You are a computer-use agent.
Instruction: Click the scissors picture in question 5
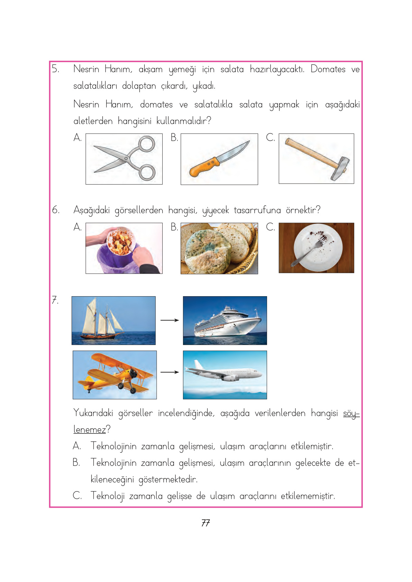tap(124, 159)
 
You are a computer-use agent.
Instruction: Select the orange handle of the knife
tap(203, 168)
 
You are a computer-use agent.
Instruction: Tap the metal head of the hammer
tap(340, 169)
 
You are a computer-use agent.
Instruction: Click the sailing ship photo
tap(113, 320)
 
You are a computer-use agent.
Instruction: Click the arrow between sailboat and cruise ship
tap(170, 320)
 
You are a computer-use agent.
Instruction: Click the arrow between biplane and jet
tap(170, 372)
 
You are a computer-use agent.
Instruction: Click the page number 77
tap(205, 523)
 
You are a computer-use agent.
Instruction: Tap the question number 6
tap(55, 210)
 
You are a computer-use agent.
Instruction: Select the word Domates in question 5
tap(328, 69)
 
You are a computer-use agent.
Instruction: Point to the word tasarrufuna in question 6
tap(257, 210)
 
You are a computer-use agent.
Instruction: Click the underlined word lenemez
tap(90, 430)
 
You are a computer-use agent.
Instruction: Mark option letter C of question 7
tap(77, 496)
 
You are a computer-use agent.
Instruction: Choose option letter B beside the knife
tap(174, 138)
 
